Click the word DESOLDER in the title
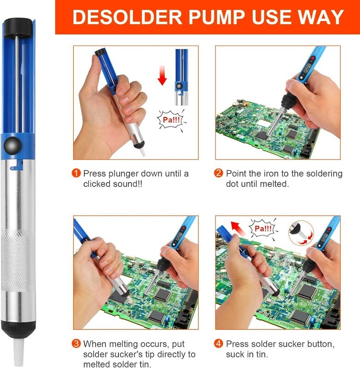click(x=127, y=17)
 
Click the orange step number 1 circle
click(x=76, y=173)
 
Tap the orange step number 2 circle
click(x=218, y=173)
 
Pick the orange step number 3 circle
click(x=76, y=344)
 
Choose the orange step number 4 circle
click(x=218, y=344)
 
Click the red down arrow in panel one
click(x=162, y=75)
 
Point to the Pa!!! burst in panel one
click(x=171, y=120)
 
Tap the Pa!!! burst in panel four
click(x=263, y=229)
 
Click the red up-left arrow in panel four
click(x=238, y=228)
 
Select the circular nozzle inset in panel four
click(x=301, y=233)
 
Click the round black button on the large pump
click(x=12, y=145)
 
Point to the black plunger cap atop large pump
click(x=17, y=28)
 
